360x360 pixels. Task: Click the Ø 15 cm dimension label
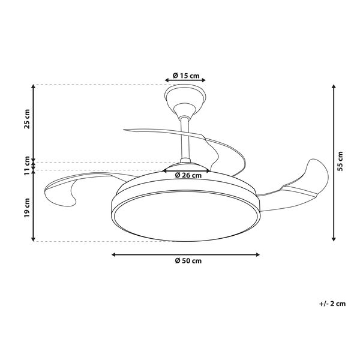pyautogui.click(x=186, y=76)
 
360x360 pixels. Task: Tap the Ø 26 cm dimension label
pyautogui.click(x=188, y=175)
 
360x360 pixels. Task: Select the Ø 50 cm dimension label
pyautogui.click(x=188, y=261)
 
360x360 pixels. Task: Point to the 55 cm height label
pyautogui.click(x=340, y=161)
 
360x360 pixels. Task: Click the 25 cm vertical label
pyautogui.click(x=27, y=119)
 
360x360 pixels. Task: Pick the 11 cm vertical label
pyautogui.click(x=27, y=166)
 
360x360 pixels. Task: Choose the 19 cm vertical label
pyautogui.click(x=27, y=208)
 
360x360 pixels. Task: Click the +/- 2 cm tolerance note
pyautogui.click(x=332, y=304)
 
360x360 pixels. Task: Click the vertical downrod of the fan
pyautogui.click(x=185, y=138)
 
